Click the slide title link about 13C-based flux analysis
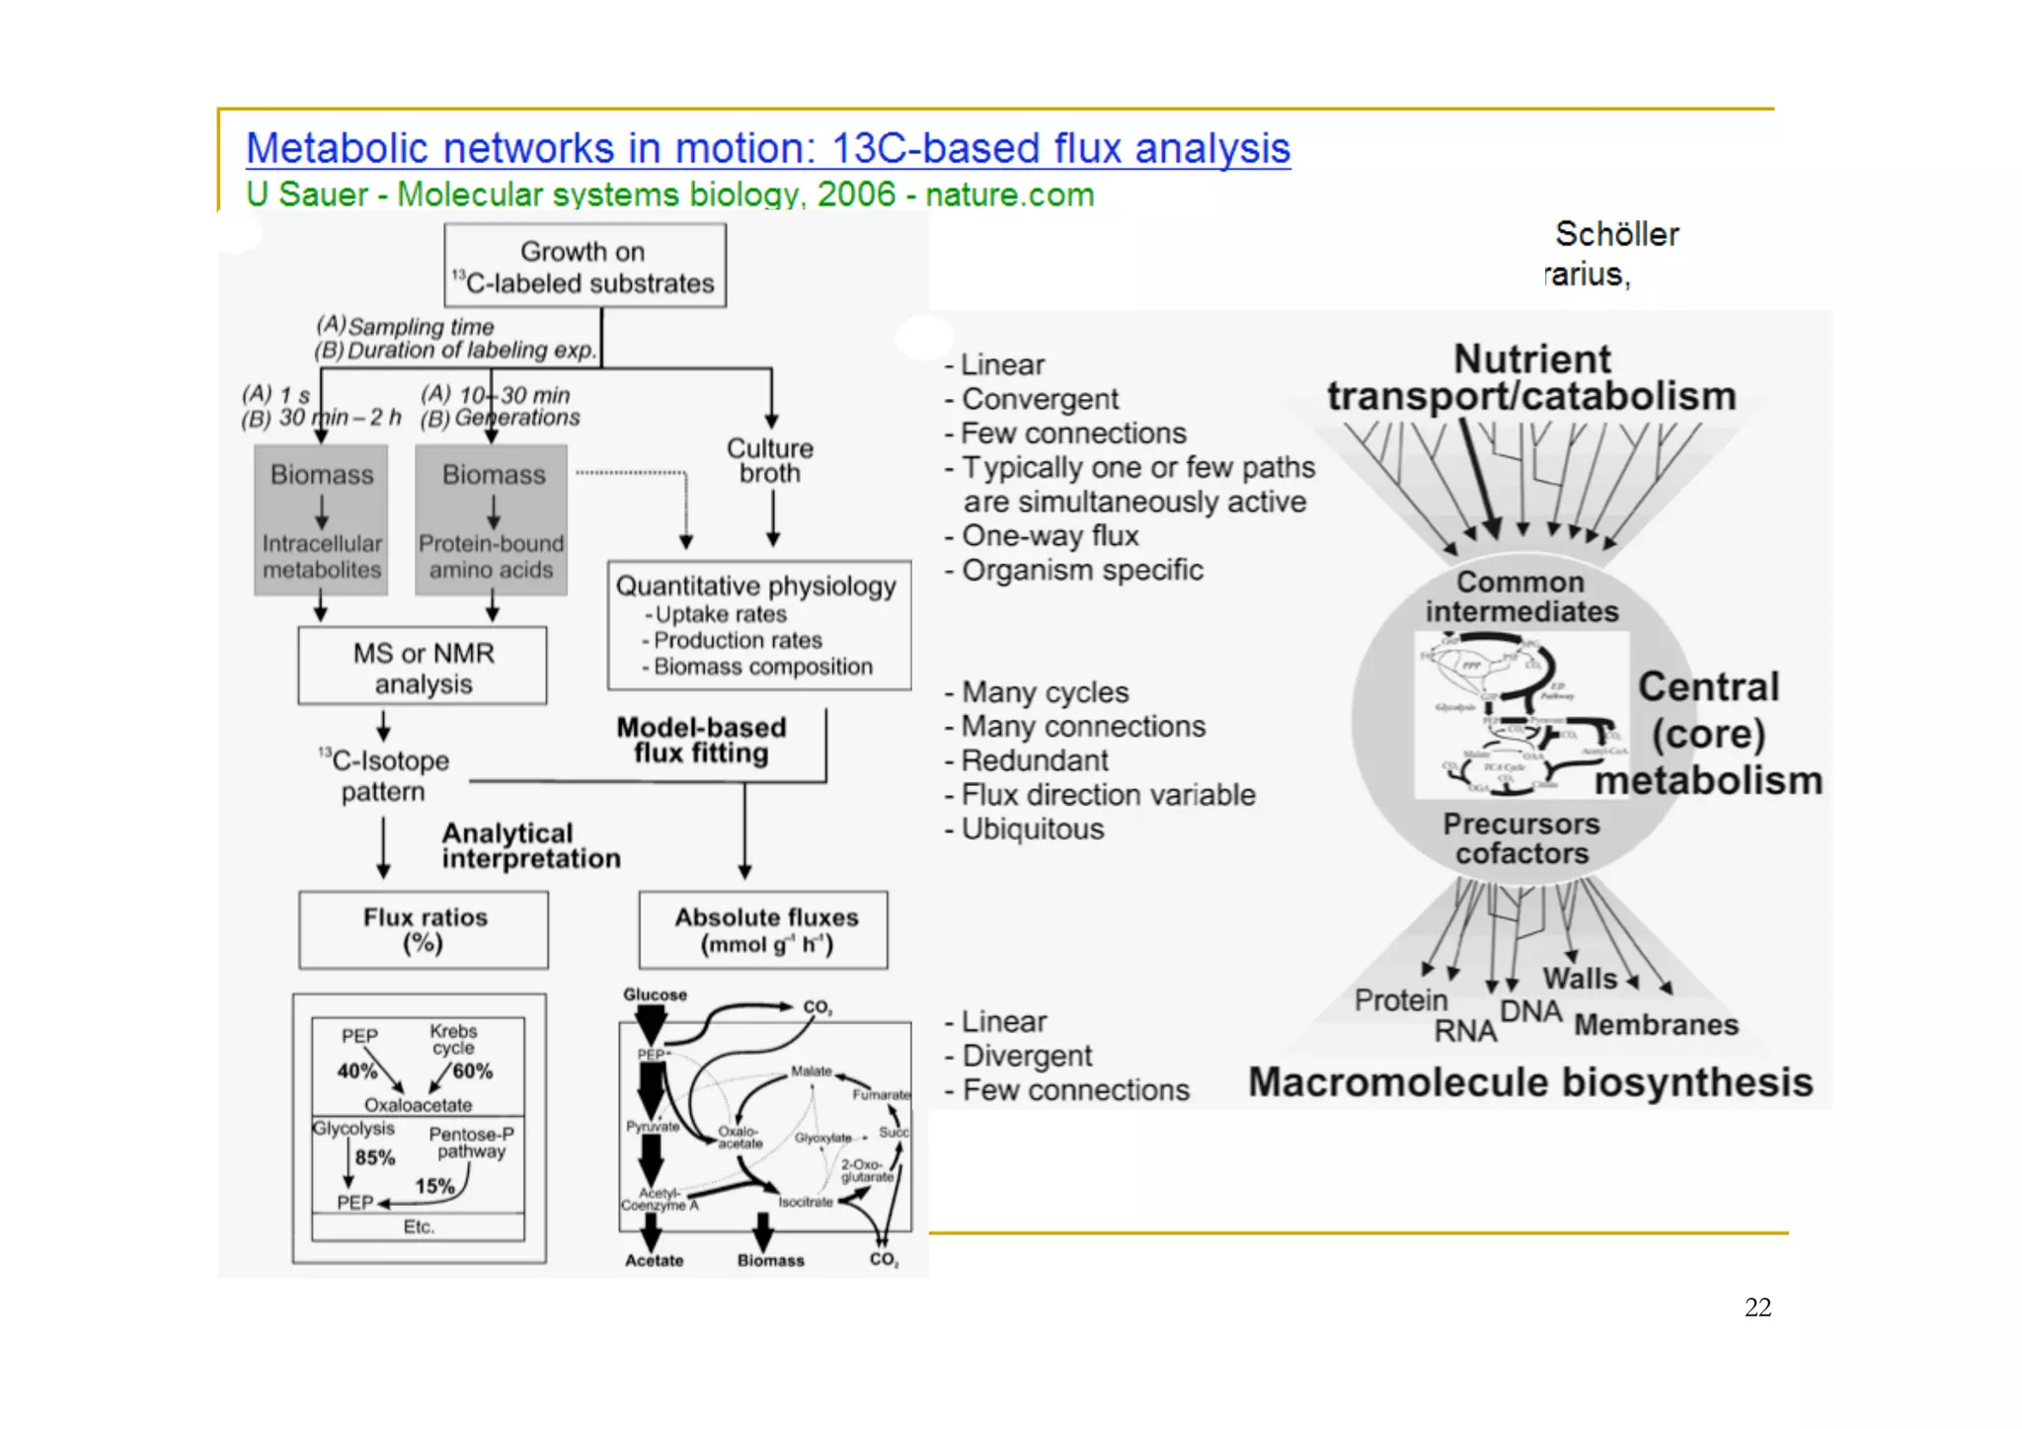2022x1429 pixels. [x=767, y=149]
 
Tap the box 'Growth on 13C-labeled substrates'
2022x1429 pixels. [x=584, y=267]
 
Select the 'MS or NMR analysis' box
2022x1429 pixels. [x=423, y=668]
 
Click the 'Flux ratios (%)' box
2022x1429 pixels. [x=424, y=929]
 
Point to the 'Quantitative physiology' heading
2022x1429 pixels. [x=756, y=586]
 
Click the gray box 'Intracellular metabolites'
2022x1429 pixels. [x=321, y=556]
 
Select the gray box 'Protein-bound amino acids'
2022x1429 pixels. [x=491, y=556]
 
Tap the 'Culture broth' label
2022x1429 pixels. [x=770, y=460]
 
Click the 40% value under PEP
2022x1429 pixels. [x=356, y=1071]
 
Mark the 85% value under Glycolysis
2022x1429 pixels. [x=375, y=1157]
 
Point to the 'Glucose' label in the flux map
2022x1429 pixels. [x=655, y=994]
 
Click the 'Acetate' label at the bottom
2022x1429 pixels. [x=654, y=1260]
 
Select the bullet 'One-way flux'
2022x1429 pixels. [x=1050, y=536]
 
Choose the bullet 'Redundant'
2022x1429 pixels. [x=1035, y=760]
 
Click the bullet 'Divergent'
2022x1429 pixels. [x=1027, y=1056]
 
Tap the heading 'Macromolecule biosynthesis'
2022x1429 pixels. [x=1530, y=1082]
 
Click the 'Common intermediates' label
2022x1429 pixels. [x=1521, y=596]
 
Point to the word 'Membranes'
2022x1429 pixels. [x=1656, y=1025]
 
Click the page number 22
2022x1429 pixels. [x=1757, y=1307]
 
